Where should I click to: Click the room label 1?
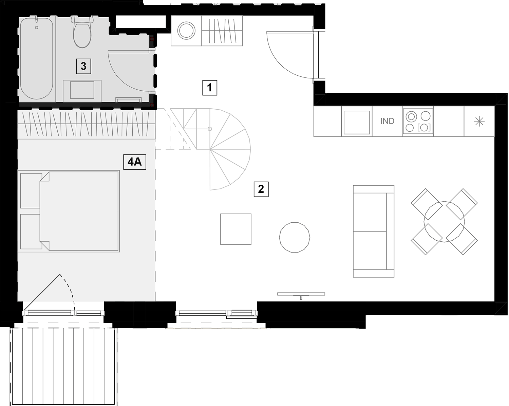(210, 88)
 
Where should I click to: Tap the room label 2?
(261, 189)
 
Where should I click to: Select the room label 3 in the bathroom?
(83, 66)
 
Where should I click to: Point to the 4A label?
(135, 162)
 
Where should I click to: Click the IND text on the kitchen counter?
(387, 121)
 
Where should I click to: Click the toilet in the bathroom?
(82, 32)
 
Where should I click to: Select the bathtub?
(36, 58)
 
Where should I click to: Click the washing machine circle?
(186, 31)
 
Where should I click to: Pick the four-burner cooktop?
(418, 121)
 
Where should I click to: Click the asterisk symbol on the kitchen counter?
(479, 122)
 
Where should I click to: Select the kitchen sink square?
(357, 122)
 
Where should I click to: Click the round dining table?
(444, 222)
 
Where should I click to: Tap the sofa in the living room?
(374, 231)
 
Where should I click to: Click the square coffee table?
(236, 229)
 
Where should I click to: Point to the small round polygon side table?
(295, 237)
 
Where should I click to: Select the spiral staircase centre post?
(210, 129)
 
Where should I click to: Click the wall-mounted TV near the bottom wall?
(301, 295)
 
